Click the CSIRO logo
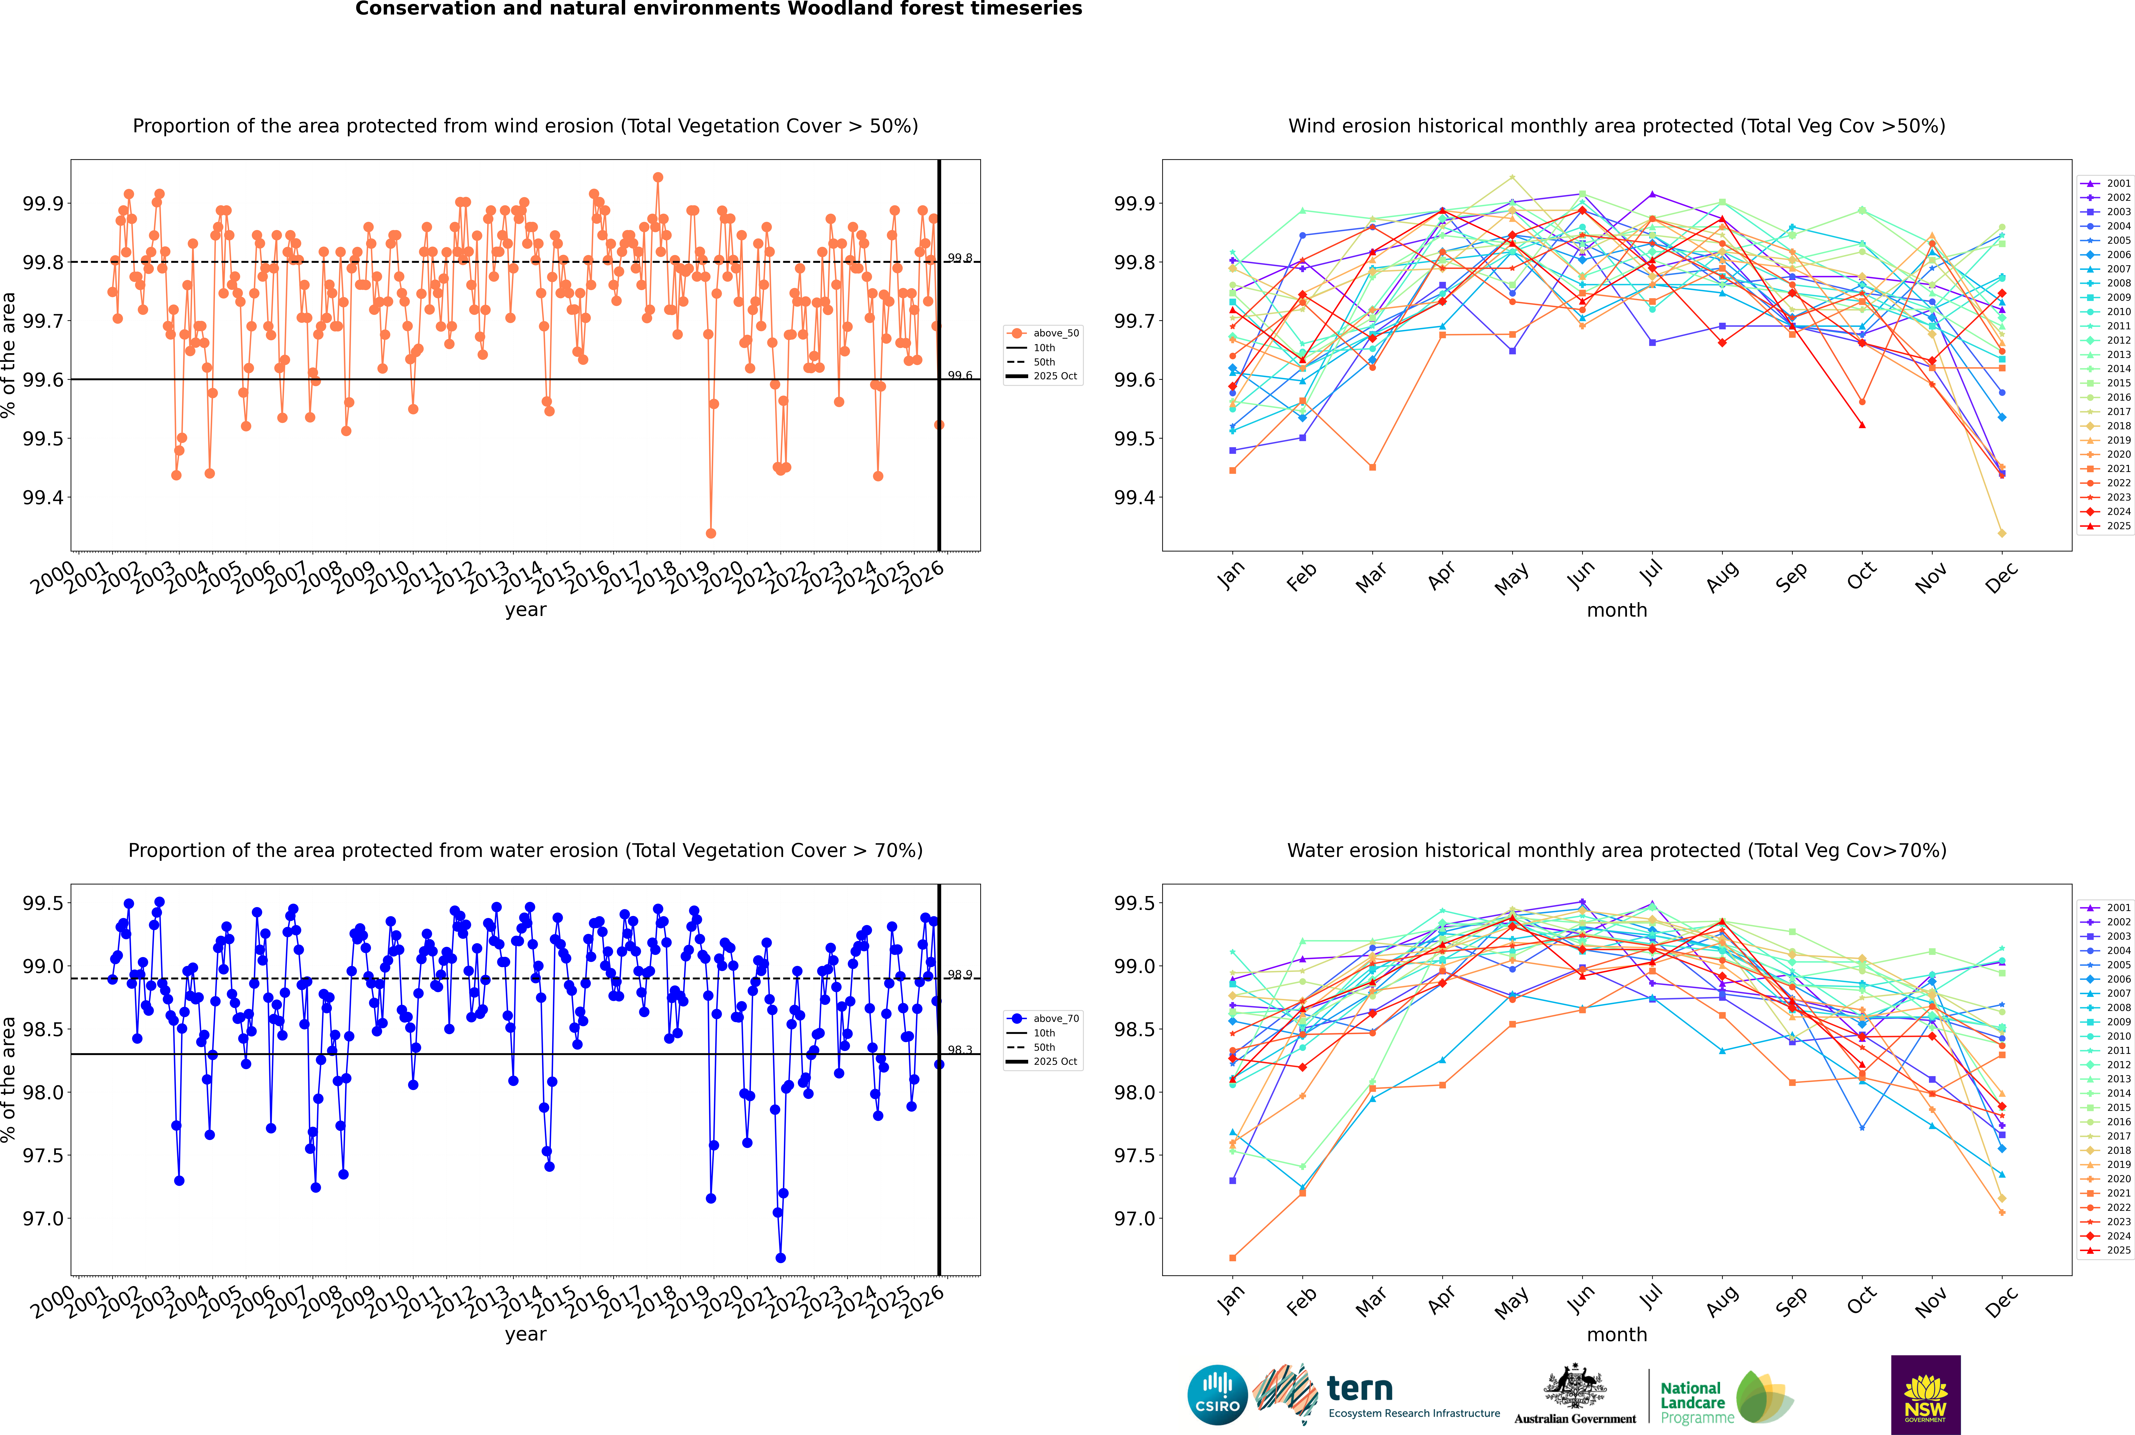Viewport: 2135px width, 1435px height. pos(1217,1395)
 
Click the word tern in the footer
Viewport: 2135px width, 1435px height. pos(1360,1389)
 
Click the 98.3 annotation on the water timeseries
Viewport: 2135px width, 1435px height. pos(959,1050)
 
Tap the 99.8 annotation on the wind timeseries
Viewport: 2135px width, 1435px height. pos(959,258)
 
